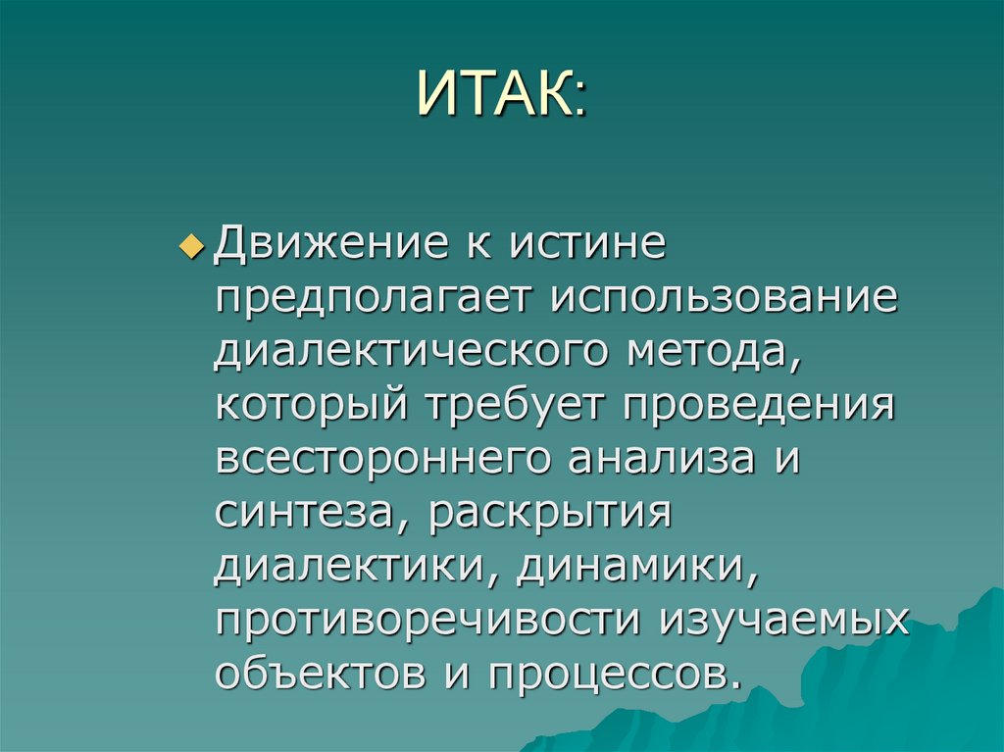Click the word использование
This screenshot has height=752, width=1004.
tap(723, 297)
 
